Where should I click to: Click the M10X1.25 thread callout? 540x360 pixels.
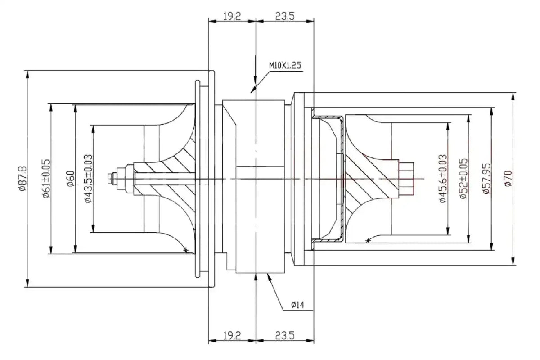pos(285,66)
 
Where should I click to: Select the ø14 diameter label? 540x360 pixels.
pos(297,305)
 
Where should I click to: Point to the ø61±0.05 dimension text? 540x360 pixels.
pos(46,179)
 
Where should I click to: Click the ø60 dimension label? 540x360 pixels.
pos(71,179)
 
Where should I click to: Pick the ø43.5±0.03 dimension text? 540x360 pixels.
pos(88,179)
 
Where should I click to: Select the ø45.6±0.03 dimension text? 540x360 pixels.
pos(443,179)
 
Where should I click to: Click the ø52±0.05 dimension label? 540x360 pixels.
pos(463,179)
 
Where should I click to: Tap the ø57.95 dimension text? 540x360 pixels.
pos(486,179)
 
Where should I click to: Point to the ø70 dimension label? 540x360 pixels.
pos(508,179)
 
